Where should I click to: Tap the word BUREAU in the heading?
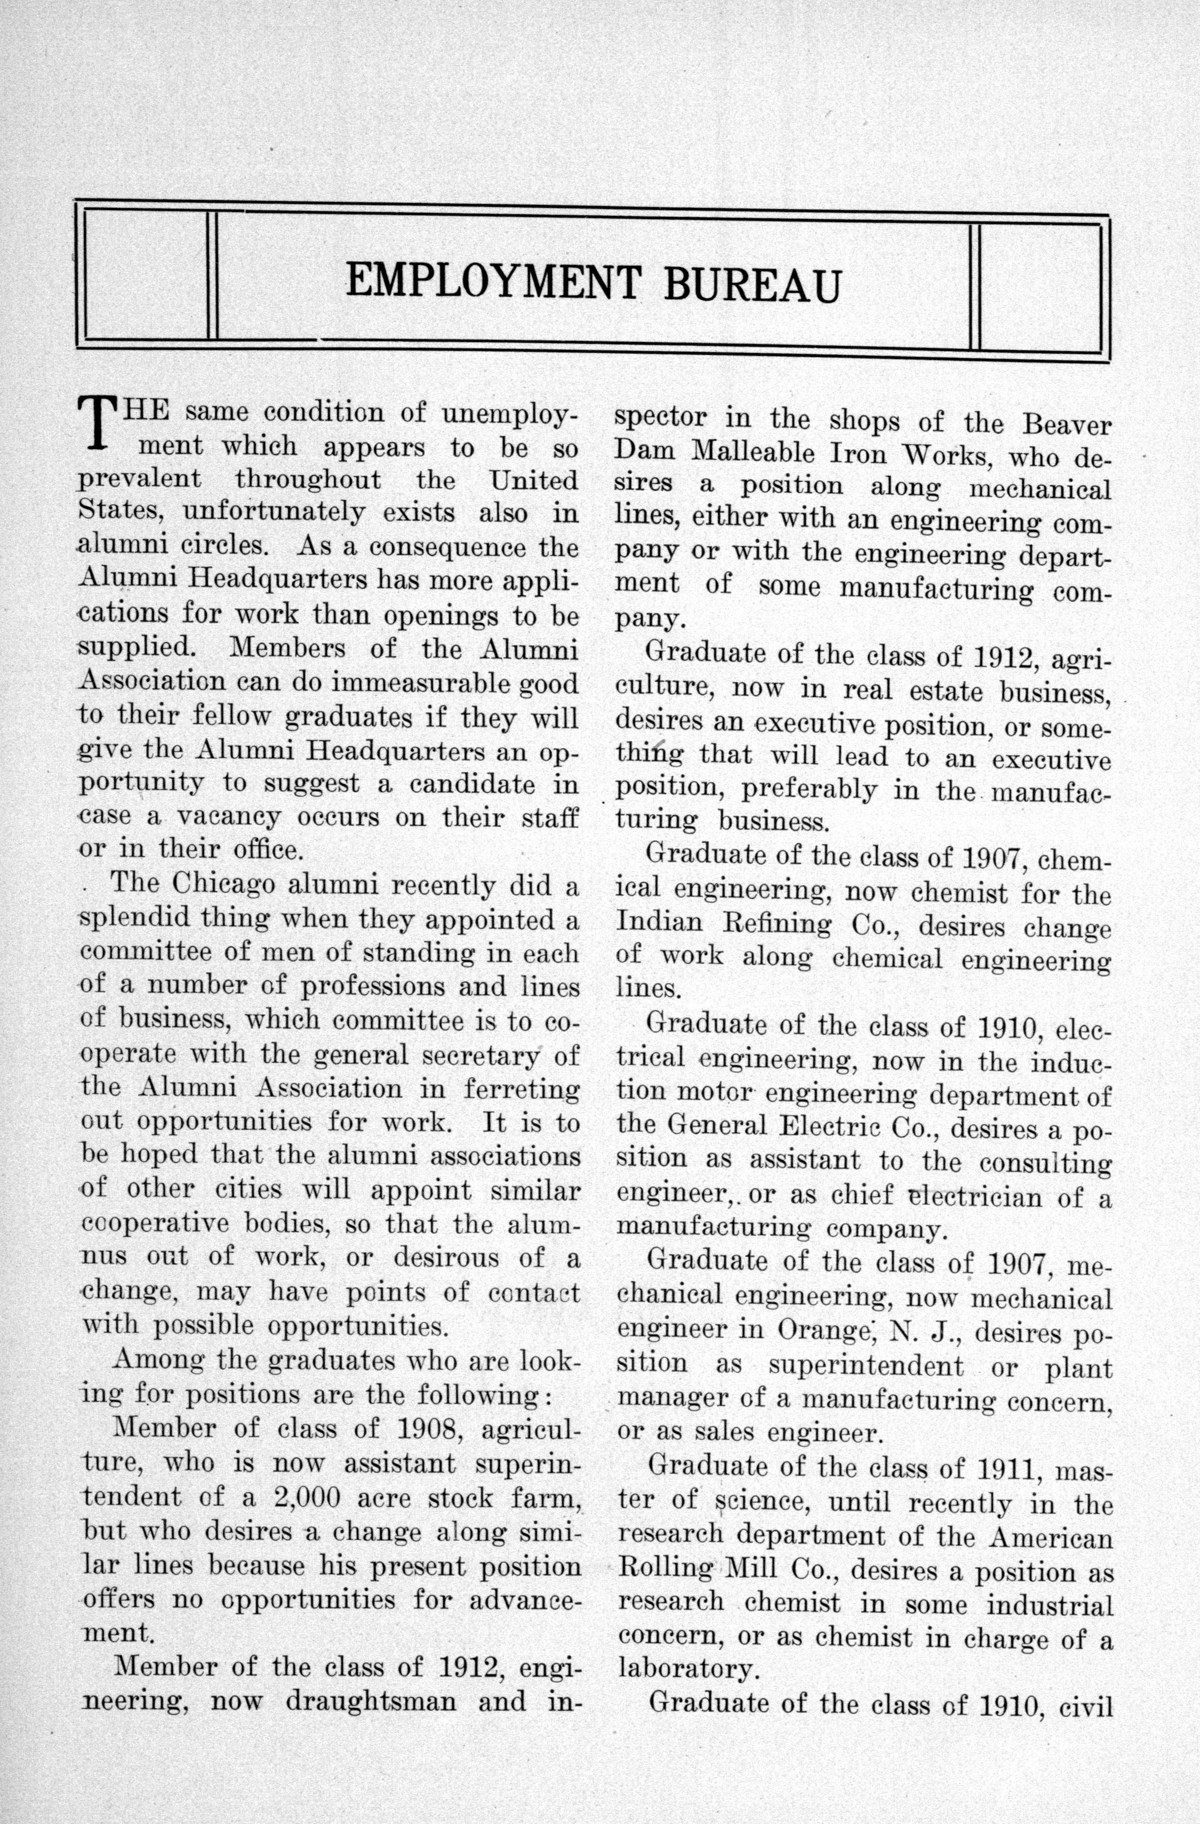(752, 285)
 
